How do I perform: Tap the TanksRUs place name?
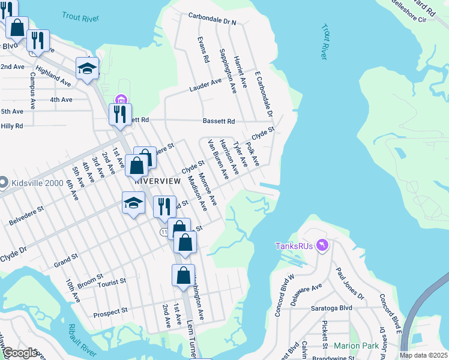click(295, 246)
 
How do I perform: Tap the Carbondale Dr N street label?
click(212, 18)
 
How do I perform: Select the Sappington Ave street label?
click(228, 71)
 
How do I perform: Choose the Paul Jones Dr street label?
click(349, 283)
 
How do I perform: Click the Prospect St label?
click(111, 312)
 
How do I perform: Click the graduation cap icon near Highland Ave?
click(88, 68)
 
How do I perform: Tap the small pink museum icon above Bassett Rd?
click(120, 99)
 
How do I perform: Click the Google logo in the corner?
click(20, 353)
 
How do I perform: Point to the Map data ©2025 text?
click(423, 355)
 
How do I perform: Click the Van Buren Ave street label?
click(218, 159)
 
